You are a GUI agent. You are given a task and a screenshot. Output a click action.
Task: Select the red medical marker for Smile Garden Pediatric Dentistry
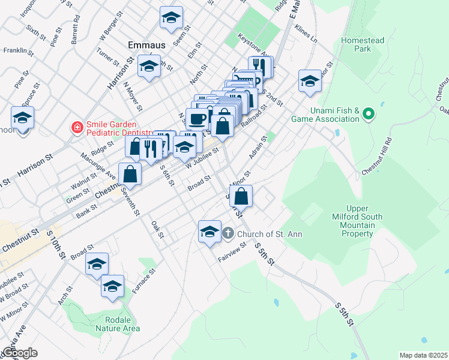click(x=76, y=127)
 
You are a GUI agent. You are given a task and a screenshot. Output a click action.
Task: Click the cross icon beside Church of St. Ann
click(x=228, y=233)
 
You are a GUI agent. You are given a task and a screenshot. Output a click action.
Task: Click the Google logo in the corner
click(x=20, y=353)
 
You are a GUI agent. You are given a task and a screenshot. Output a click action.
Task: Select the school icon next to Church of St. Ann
click(x=209, y=232)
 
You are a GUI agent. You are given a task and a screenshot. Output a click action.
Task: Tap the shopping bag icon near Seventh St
click(x=130, y=175)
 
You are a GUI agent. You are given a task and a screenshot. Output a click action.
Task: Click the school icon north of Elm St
click(x=171, y=18)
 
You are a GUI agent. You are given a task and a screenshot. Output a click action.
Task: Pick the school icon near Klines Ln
click(x=310, y=82)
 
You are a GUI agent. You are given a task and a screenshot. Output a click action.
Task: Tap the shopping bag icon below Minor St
click(x=241, y=196)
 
